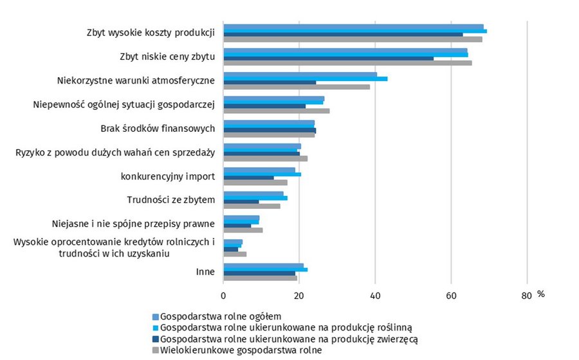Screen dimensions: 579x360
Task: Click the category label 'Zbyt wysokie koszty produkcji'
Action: [151, 33]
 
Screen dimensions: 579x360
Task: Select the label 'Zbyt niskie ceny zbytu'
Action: [167, 57]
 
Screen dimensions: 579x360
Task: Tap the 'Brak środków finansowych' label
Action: [158, 129]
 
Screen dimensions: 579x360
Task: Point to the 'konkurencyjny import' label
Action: [168, 176]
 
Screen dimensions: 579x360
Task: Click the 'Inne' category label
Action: [205, 272]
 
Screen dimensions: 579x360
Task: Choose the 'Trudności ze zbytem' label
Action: [171, 200]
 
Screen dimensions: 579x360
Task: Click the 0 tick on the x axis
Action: [223, 296]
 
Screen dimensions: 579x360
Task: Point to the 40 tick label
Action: [375, 296]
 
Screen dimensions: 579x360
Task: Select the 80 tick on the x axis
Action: [527, 296]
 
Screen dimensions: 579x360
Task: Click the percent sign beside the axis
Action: [541, 294]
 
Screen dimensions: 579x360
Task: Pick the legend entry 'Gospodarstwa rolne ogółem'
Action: [221, 316]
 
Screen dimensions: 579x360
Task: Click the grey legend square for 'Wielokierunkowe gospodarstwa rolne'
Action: [156, 350]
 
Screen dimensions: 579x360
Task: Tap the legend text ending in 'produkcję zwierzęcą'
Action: [289, 339]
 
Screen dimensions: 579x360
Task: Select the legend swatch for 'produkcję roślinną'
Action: [156, 328]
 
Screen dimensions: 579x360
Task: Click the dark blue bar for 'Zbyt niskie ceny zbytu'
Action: [329, 59]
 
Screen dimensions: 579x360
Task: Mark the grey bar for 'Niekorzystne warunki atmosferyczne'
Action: [297, 87]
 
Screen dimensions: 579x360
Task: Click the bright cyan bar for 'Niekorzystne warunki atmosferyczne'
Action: [306, 78]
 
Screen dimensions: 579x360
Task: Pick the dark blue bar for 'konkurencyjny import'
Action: [249, 178]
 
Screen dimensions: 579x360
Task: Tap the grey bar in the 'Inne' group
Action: [261, 278]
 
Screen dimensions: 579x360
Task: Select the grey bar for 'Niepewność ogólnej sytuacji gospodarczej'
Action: [277, 111]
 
